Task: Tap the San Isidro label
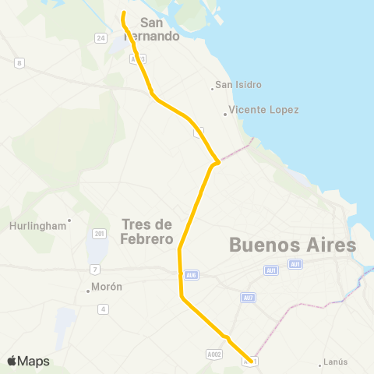tap(238, 85)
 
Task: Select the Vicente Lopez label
tap(263, 110)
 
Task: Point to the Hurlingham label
tap(37, 226)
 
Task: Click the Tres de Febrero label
tap(147, 232)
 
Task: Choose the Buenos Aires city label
tap(292, 245)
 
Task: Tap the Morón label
tap(107, 287)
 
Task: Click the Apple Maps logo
tap(28, 361)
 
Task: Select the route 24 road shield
tap(100, 37)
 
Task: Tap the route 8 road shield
tap(19, 62)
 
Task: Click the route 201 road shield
tap(99, 233)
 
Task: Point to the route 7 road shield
tap(94, 270)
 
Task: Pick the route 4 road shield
tap(102, 309)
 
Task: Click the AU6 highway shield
tap(191, 275)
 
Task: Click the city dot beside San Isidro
tap(213, 88)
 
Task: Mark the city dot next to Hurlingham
tap(69, 220)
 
